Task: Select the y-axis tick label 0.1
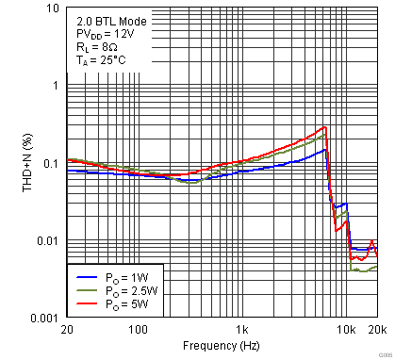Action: [x=50, y=163]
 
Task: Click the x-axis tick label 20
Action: [x=67, y=331]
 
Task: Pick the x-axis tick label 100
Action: [x=138, y=331]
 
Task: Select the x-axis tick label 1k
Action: [x=242, y=331]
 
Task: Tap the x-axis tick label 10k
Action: [x=346, y=331]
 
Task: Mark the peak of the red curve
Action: [x=325, y=126]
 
